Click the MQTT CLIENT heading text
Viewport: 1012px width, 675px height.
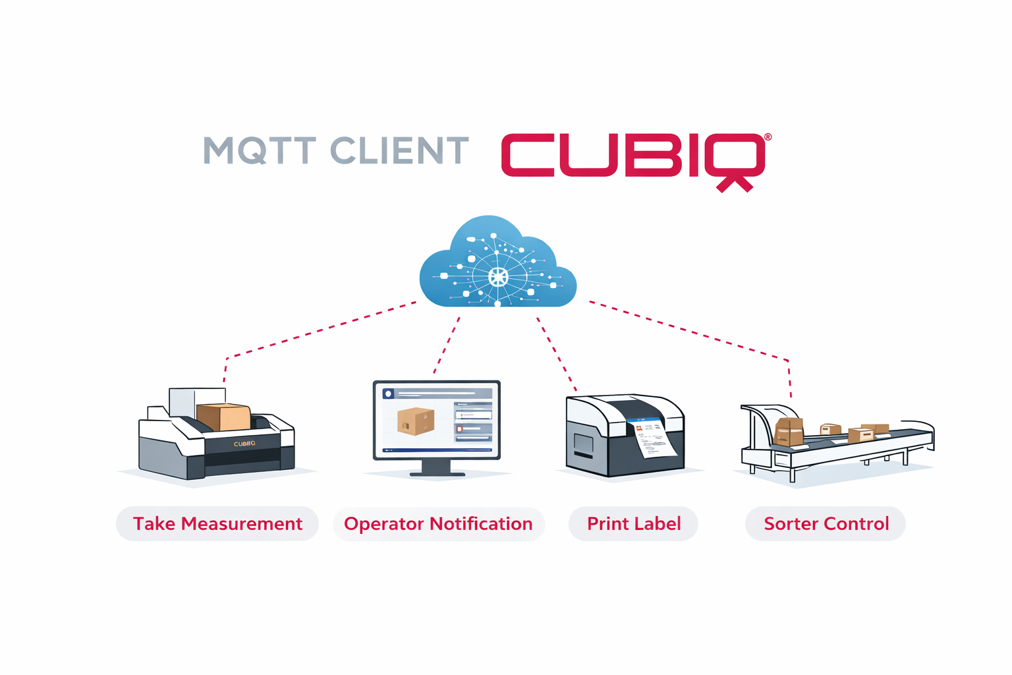pyautogui.click(x=335, y=151)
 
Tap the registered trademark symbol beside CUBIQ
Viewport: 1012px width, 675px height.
pyautogui.click(x=768, y=137)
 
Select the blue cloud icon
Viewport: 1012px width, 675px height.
pyautogui.click(x=497, y=264)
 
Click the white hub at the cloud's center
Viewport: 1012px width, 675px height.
pyautogui.click(x=498, y=276)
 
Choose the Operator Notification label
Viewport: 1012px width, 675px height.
pyautogui.click(x=438, y=524)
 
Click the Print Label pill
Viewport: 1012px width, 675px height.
pyautogui.click(x=633, y=524)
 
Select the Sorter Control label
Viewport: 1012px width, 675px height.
pyautogui.click(x=826, y=524)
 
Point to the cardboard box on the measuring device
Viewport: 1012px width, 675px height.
pyautogui.click(x=224, y=417)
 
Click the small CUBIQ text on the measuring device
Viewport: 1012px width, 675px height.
pyautogui.click(x=244, y=444)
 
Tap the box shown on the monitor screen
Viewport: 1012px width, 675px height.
pyautogui.click(x=416, y=421)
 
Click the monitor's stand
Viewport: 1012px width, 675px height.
pyautogui.click(x=436, y=467)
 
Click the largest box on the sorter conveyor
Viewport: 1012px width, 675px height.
pyautogui.click(x=789, y=431)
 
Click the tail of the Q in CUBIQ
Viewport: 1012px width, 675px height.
pyautogui.click(x=735, y=183)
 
